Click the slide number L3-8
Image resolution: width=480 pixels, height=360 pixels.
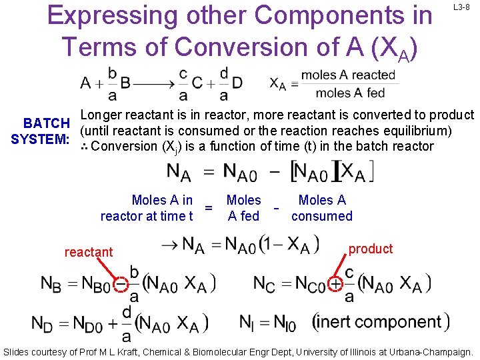click(463, 7)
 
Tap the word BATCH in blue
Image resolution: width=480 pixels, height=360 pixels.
click(46, 123)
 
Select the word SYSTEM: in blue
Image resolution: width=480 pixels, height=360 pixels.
click(40, 139)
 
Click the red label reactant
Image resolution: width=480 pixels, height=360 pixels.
click(89, 252)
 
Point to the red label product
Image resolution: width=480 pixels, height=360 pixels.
click(371, 249)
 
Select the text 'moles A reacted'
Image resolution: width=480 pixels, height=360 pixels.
click(347, 75)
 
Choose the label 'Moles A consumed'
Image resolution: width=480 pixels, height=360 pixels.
click(322, 208)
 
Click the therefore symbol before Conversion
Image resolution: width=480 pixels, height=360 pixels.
click(84, 146)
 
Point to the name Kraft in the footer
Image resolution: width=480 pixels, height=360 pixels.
click(131, 351)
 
